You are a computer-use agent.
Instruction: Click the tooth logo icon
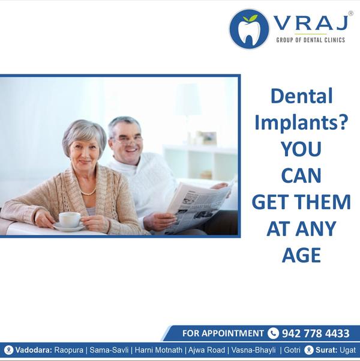[x=249, y=29]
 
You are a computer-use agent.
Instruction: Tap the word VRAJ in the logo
[x=311, y=23]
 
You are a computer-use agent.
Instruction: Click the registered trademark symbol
[x=350, y=13]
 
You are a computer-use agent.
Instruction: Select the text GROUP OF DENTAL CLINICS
[x=311, y=40]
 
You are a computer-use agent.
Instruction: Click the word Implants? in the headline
[x=301, y=122]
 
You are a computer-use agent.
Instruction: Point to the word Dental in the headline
[x=302, y=96]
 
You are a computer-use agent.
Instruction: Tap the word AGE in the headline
[x=301, y=255]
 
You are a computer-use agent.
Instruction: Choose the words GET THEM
[x=301, y=202]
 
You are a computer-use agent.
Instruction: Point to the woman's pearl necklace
[x=89, y=192]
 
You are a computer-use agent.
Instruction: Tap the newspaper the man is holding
[x=198, y=206]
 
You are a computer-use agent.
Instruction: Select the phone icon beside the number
[x=273, y=333]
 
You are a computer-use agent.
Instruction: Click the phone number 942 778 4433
[x=316, y=333]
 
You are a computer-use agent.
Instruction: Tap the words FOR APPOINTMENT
[x=223, y=333]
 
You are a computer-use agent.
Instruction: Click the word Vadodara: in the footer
[x=34, y=350]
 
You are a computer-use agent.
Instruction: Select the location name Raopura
[x=69, y=350]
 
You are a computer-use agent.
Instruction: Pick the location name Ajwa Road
[x=206, y=350]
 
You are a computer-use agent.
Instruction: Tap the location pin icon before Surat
[x=309, y=350]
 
